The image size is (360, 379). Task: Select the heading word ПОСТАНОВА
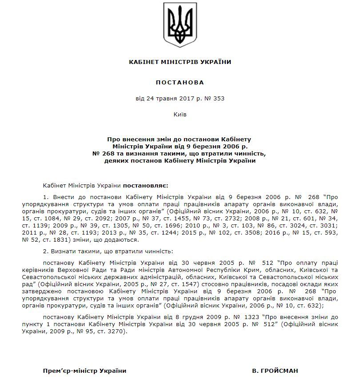pos(180,82)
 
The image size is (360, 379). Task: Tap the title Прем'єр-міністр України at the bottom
pos(84,370)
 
